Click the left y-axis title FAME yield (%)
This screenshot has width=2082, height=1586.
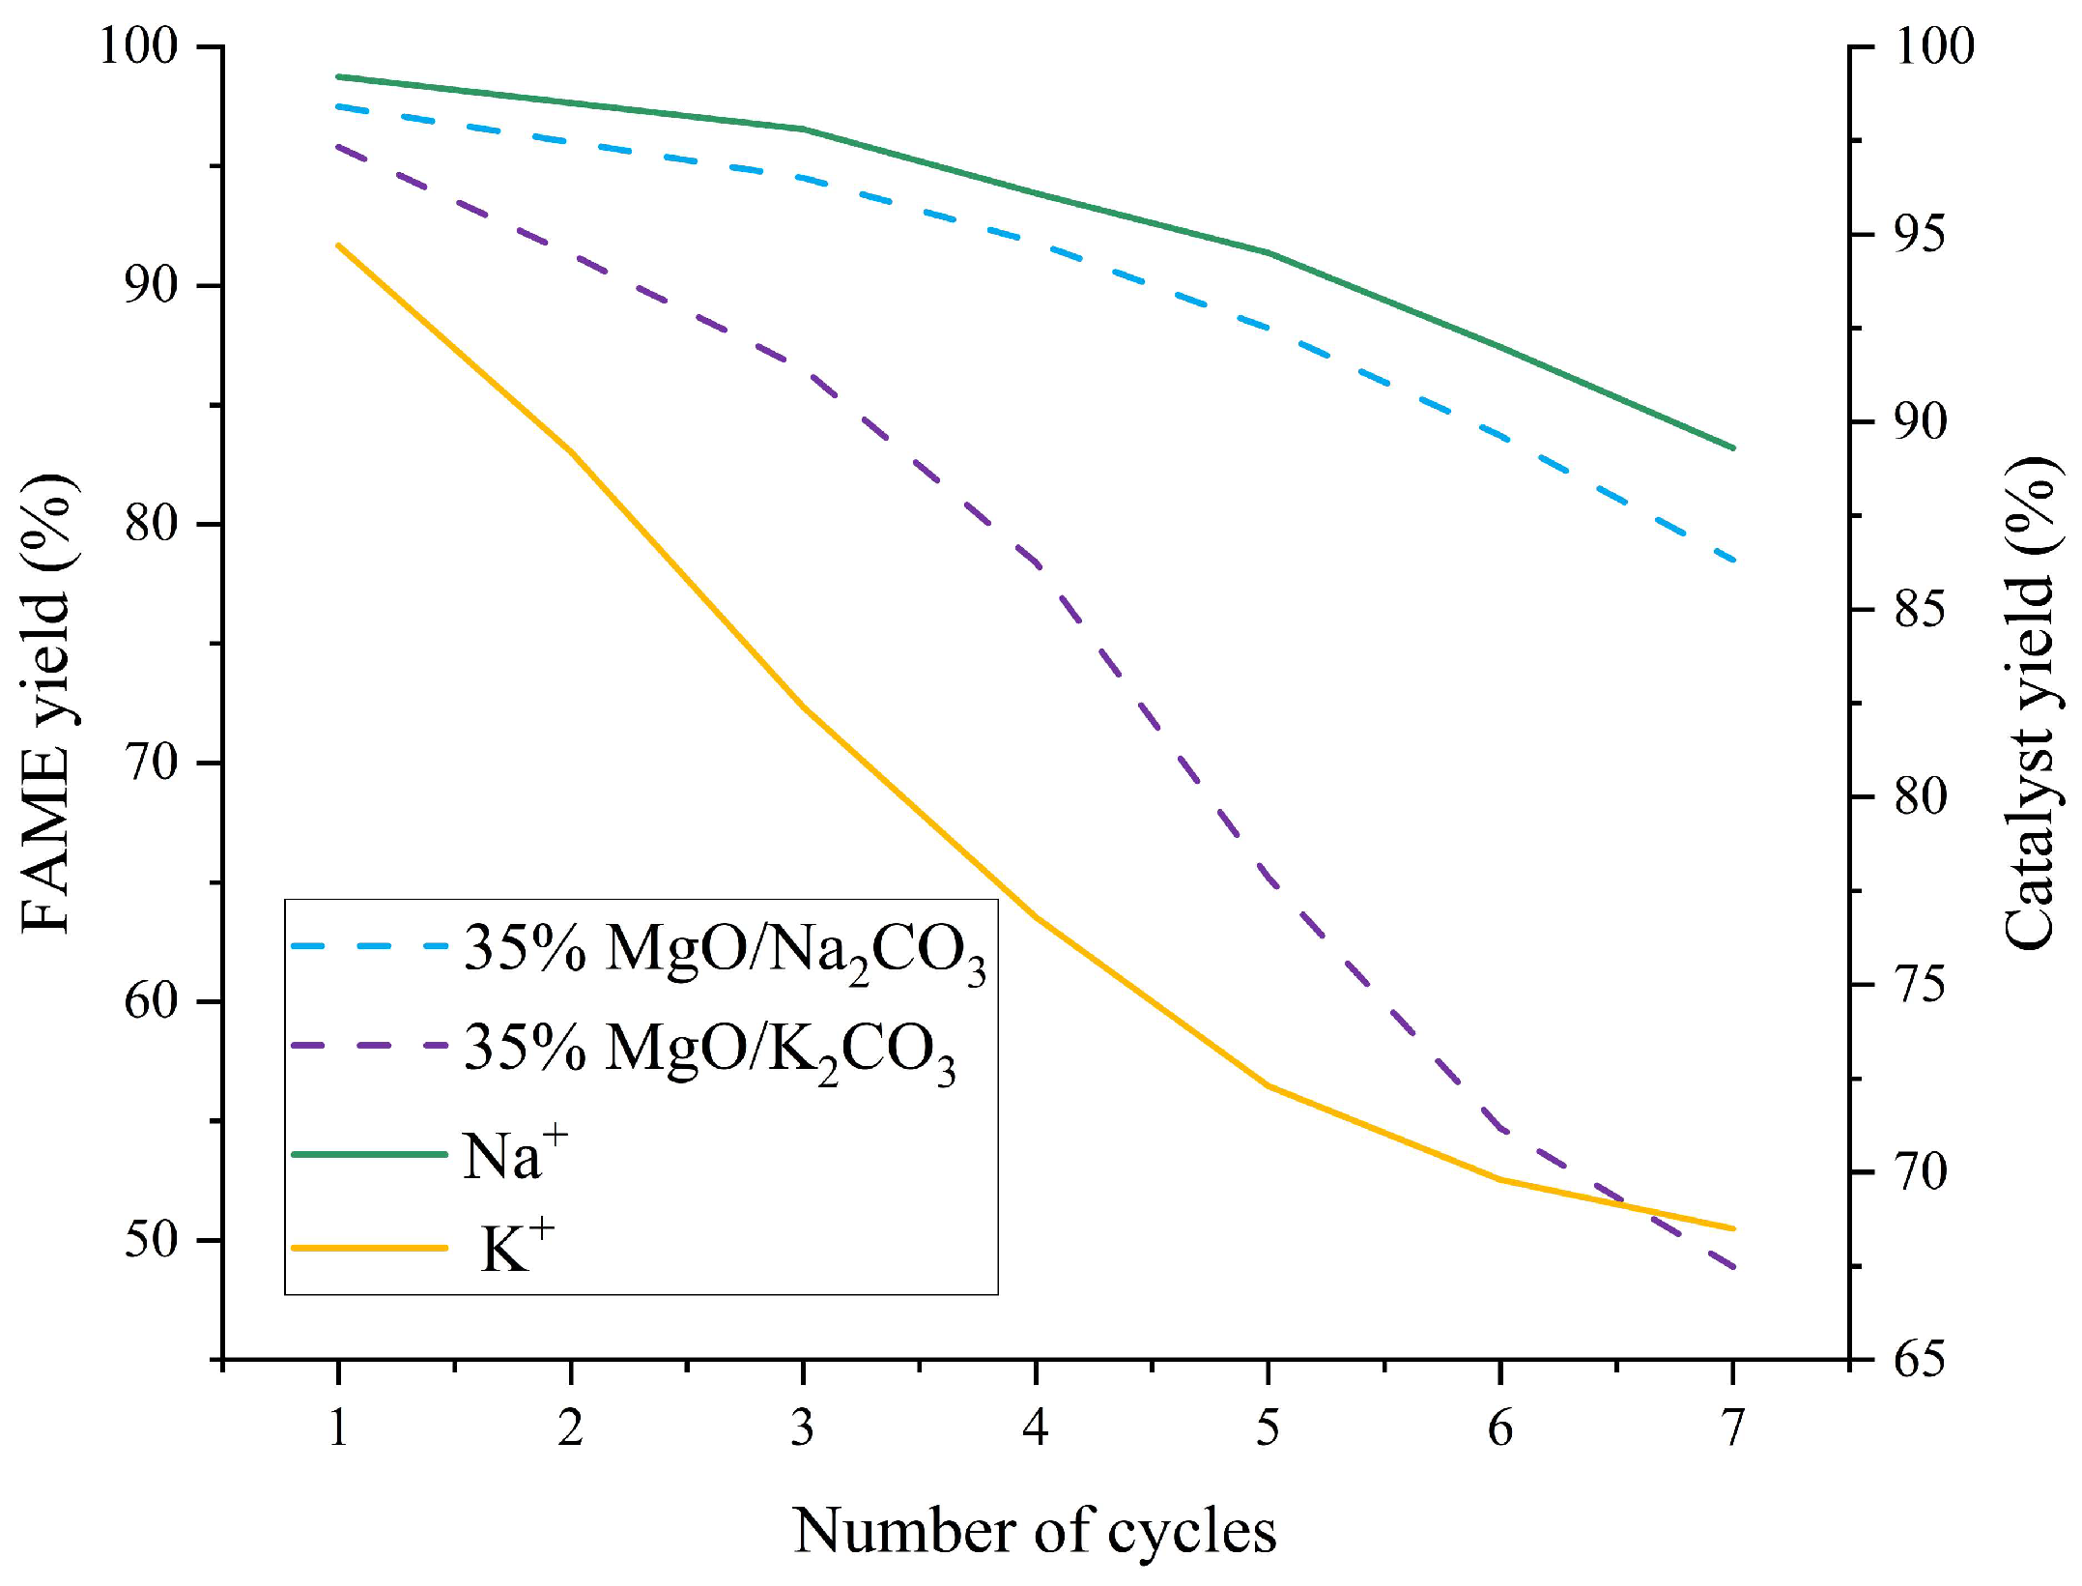click(46, 704)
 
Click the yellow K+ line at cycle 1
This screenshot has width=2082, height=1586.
click(338, 245)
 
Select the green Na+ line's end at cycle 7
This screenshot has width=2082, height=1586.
click(1733, 447)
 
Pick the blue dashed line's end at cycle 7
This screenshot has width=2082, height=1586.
click(1733, 558)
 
